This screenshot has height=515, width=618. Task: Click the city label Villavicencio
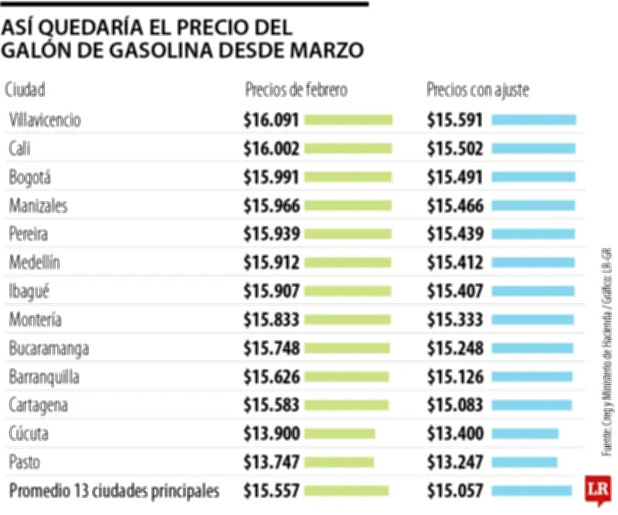[x=46, y=120]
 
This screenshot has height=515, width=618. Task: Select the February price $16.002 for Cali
[x=270, y=148]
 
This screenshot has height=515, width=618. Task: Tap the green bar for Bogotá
[x=348, y=177]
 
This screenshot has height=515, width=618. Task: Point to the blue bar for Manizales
[x=534, y=206]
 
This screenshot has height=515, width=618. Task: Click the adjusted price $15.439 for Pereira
[x=455, y=234]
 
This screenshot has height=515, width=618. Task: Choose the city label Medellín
[x=35, y=263]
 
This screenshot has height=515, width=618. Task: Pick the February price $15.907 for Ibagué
[x=270, y=292]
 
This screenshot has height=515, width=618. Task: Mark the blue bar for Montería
[x=532, y=320]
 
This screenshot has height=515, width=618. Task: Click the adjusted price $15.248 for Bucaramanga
[x=455, y=349]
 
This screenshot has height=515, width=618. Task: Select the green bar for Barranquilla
[x=347, y=377]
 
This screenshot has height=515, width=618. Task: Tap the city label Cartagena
[x=39, y=405]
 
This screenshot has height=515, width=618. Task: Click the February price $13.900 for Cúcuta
[x=270, y=434]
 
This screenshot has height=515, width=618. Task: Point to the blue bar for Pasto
[x=524, y=462]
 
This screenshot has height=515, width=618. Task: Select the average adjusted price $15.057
[x=455, y=490]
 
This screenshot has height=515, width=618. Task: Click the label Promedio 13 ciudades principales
[x=114, y=490]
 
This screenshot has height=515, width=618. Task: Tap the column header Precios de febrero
[x=296, y=90]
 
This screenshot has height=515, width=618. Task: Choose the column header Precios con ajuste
[x=477, y=90]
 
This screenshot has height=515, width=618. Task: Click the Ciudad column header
[x=25, y=90]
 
